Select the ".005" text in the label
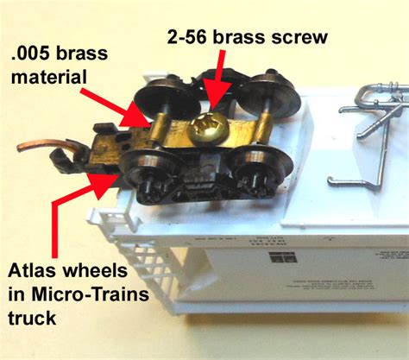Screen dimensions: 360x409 [36, 56]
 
